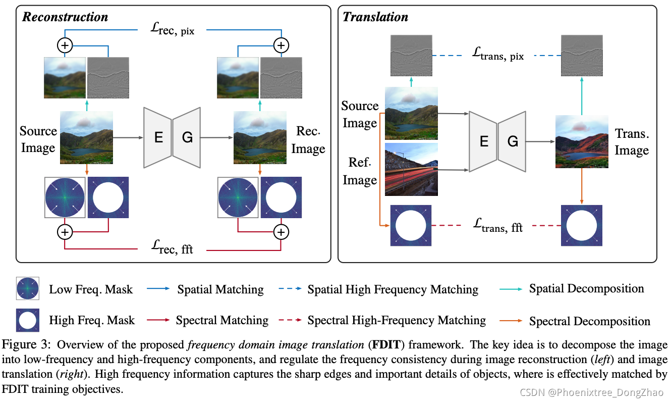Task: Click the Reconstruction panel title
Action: [x=65, y=17]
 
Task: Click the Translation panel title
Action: [x=375, y=17]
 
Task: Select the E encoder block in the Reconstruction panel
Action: [x=158, y=137]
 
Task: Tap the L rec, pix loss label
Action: [x=173, y=30]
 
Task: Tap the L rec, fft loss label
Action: [x=172, y=248]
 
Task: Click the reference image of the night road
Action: [x=411, y=169]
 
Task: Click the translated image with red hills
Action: [x=582, y=141]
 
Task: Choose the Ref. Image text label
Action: [x=360, y=171]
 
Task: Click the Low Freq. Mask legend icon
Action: [x=27, y=289]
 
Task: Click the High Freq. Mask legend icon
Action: [x=27, y=320]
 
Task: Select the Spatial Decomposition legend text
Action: [x=586, y=289]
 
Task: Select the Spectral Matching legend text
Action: [x=222, y=320]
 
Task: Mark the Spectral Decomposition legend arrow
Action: [x=510, y=321]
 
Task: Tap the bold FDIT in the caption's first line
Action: [x=380, y=345]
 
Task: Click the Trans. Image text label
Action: [x=632, y=142]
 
